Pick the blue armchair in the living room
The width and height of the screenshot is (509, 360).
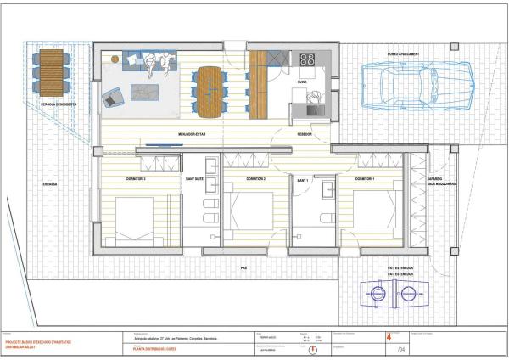112,99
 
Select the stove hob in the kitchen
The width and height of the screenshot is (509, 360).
307,59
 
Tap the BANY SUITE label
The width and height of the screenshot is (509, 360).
195,179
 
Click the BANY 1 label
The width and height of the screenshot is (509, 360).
302,180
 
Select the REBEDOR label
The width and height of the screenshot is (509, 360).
305,134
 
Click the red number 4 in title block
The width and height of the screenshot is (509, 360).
389,336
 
